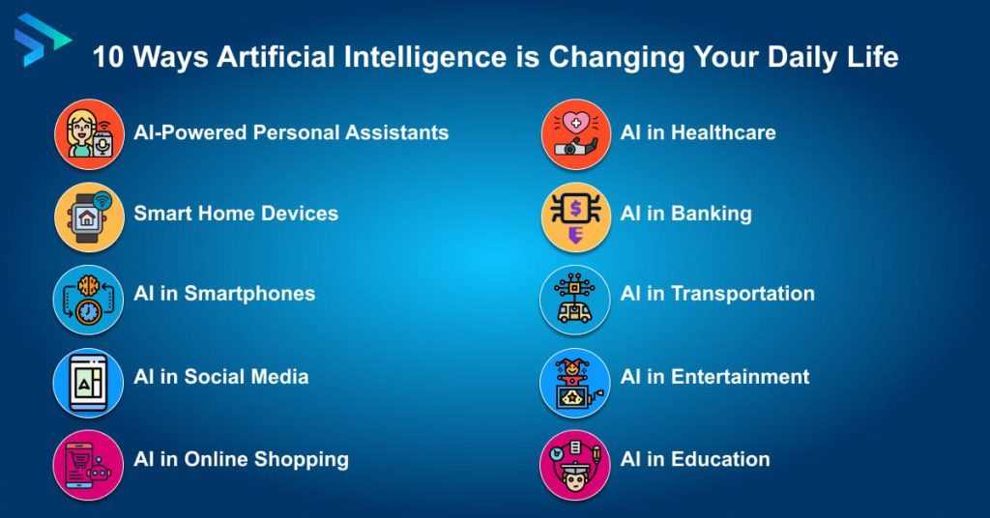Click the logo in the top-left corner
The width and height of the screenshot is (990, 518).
(x=41, y=40)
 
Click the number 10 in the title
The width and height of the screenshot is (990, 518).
(x=107, y=57)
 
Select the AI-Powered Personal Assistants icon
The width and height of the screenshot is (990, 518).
(x=89, y=134)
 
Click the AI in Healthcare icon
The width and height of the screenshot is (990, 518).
(x=575, y=134)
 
